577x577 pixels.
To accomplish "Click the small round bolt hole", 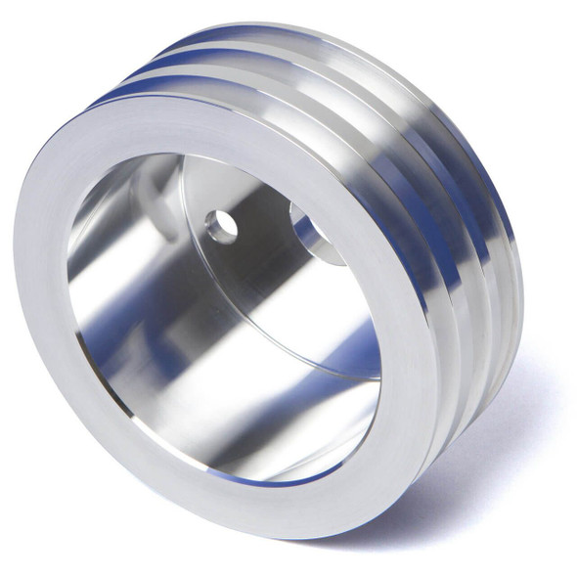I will click(x=222, y=227).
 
